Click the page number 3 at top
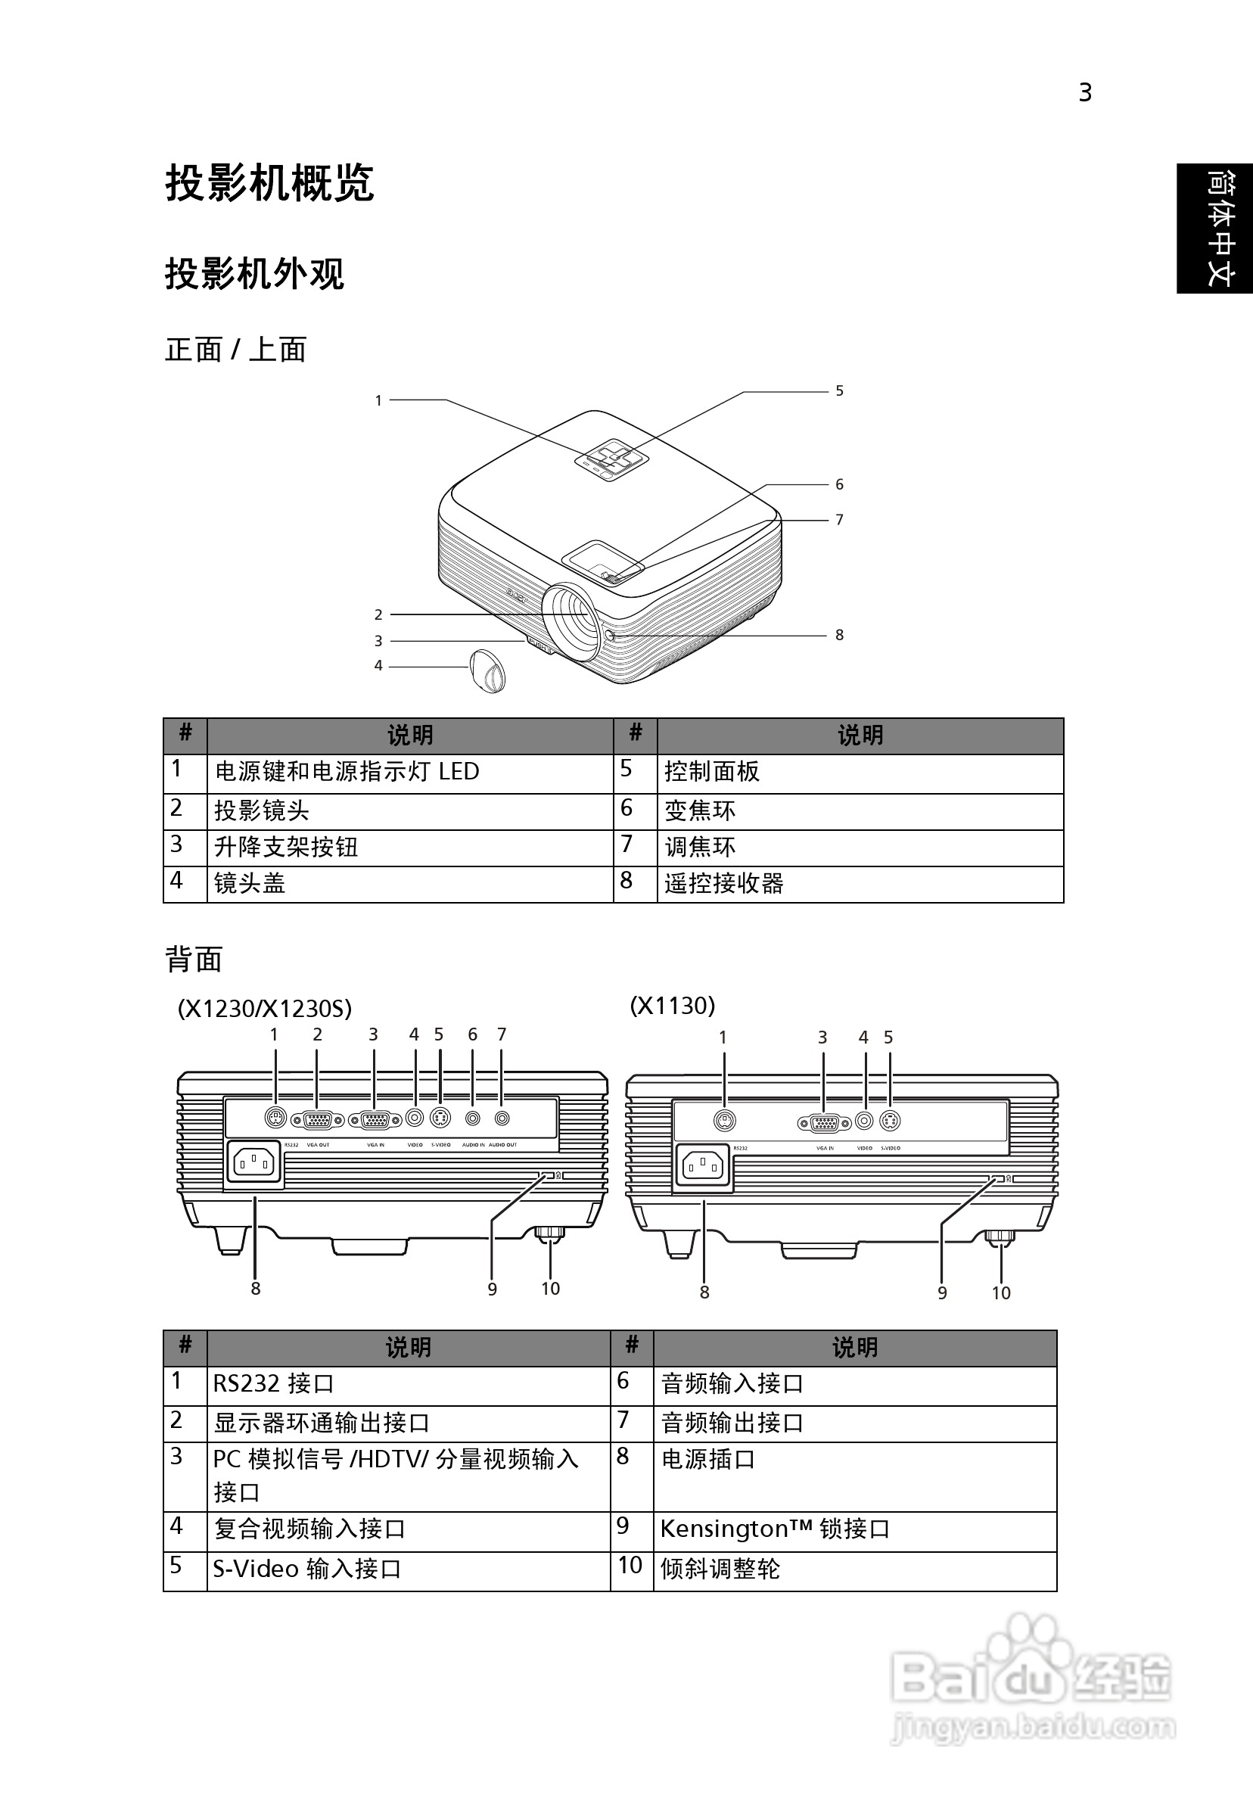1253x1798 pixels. point(1084,93)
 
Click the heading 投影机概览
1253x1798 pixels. point(269,184)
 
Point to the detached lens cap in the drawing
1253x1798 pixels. point(487,670)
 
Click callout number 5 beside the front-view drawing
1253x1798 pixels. point(838,390)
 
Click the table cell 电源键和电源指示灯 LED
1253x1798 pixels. point(347,772)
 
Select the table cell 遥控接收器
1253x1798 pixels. point(723,883)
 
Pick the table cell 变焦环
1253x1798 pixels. point(700,810)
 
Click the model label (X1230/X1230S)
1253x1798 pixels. point(265,1008)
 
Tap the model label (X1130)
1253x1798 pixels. point(673,1006)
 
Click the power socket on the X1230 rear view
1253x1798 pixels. point(253,1164)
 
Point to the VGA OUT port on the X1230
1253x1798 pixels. point(317,1121)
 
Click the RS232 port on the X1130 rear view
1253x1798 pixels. point(725,1121)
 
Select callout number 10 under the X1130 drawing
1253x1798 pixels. point(1001,1293)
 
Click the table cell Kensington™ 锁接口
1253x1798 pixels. point(776,1529)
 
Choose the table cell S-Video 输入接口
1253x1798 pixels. point(307,1569)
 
